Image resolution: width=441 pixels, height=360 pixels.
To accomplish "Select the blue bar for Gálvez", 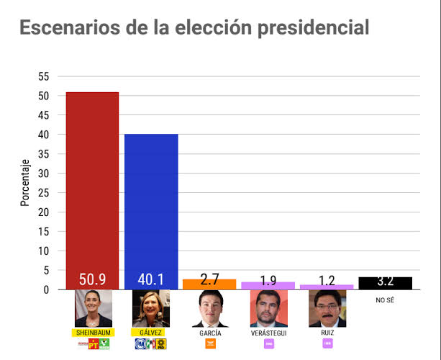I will tap(151, 202).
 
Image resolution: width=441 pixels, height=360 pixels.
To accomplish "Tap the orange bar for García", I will tap(209, 284).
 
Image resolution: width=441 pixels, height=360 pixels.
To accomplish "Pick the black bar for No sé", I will tap(386, 283).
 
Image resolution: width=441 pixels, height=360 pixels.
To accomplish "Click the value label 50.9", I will tap(92, 279).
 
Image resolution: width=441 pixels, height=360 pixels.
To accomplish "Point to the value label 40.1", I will tap(151, 279).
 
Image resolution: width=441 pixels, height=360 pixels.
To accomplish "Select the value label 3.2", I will tap(386, 282).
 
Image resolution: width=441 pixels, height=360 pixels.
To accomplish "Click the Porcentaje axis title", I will tap(25, 182).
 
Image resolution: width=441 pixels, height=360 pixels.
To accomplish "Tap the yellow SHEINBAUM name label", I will tap(93, 333).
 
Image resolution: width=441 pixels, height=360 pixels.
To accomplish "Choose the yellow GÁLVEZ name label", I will tap(151, 333).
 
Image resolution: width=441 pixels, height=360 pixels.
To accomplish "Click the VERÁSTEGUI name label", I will tap(268, 333).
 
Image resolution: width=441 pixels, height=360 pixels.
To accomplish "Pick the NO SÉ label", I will tap(386, 300).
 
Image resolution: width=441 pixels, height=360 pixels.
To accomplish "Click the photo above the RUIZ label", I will tap(327, 309).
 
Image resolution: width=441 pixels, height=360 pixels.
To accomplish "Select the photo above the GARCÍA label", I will tap(209, 309).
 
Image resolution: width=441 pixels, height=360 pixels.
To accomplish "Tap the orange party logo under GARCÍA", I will tap(210, 344).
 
